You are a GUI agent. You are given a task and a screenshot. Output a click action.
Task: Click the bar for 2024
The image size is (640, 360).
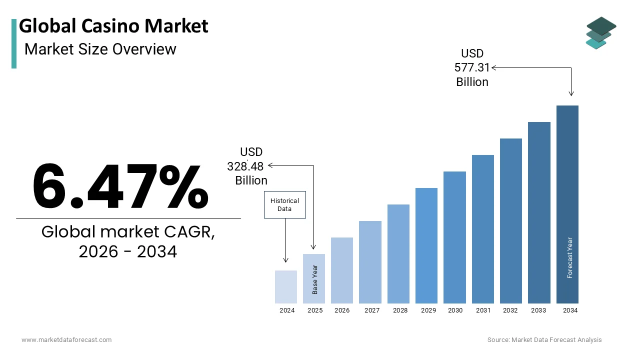(286, 287)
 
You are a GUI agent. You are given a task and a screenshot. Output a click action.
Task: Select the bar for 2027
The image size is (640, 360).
(370, 262)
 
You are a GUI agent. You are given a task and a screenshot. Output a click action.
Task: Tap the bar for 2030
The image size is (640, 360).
(454, 237)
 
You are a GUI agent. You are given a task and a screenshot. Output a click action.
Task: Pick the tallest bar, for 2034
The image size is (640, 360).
(567, 204)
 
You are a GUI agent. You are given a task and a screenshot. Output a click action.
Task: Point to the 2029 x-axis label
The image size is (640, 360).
(428, 310)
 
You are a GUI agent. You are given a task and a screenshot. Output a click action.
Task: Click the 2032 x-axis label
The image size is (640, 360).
(510, 310)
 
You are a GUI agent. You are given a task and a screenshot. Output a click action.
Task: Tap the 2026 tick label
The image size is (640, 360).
(342, 310)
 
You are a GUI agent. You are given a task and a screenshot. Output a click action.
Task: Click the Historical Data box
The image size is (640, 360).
(284, 205)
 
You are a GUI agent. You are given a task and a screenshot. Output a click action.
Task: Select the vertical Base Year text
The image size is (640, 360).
(315, 279)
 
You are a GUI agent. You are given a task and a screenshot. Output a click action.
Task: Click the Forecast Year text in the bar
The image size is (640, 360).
(570, 257)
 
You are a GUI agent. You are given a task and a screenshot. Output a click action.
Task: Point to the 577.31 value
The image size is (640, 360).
(472, 67)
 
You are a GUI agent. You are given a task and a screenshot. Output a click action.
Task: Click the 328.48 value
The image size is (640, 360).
(245, 166)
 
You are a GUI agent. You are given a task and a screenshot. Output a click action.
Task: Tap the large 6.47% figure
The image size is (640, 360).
(120, 186)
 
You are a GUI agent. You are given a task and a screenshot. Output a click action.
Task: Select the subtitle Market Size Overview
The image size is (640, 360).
(100, 49)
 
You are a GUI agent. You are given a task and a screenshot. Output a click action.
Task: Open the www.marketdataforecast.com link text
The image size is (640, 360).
(66, 340)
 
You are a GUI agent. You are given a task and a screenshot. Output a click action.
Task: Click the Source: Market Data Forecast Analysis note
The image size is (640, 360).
(544, 340)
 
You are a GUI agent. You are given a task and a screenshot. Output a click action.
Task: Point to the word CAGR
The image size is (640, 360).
(190, 232)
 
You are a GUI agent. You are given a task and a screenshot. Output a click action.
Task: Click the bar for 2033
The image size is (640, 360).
(539, 212)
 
